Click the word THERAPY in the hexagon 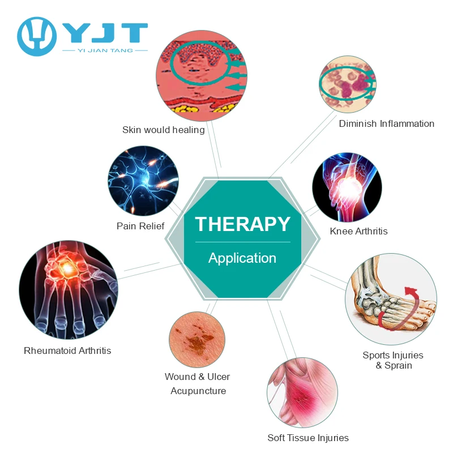[x=242, y=224]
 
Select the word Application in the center [x=242, y=258]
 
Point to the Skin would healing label [x=164, y=130]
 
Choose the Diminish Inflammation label [x=387, y=123]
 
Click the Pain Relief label [x=140, y=226]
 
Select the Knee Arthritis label [x=359, y=231]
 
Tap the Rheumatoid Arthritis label [x=67, y=351]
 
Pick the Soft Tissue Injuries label [x=308, y=438]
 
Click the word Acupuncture [x=198, y=391]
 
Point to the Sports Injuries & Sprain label [x=393, y=360]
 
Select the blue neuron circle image [x=143, y=181]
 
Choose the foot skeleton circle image [x=391, y=300]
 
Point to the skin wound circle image [x=197, y=339]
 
